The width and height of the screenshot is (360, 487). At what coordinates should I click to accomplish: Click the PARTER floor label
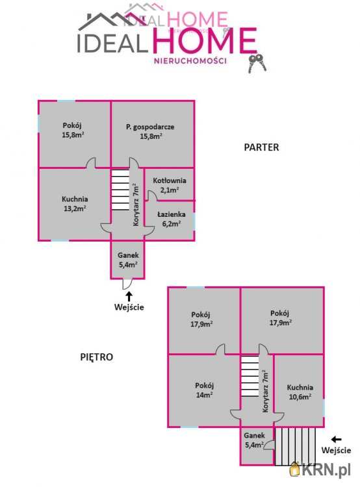point(261,147)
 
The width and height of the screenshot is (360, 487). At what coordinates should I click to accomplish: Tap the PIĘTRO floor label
point(97,357)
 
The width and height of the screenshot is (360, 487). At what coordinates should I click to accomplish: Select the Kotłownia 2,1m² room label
point(170,185)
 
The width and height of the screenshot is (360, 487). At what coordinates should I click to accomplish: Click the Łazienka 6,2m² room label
point(172,219)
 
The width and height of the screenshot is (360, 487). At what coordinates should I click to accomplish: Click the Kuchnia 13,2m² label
point(75,204)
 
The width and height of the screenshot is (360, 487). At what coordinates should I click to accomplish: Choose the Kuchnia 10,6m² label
point(300,392)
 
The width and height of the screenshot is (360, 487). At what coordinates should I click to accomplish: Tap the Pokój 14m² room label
point(204,390)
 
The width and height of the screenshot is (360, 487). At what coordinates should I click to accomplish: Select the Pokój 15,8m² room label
point(73,130)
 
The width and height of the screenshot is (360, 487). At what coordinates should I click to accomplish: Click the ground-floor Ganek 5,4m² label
point(128,260)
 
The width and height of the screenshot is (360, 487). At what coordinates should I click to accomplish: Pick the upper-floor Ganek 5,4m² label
point(254,440)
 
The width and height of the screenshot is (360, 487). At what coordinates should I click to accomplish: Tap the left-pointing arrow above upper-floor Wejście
point(337,439)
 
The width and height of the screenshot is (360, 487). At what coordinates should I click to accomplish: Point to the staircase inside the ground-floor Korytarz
point(120,190)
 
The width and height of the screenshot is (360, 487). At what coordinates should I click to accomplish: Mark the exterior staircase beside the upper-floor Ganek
point(295,447)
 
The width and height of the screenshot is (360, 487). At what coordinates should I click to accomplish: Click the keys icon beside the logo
point(257,64)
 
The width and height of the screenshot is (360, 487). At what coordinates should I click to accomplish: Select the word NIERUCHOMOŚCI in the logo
point(190,61)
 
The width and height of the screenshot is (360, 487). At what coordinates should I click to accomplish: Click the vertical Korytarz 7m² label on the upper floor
point(265,391)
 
